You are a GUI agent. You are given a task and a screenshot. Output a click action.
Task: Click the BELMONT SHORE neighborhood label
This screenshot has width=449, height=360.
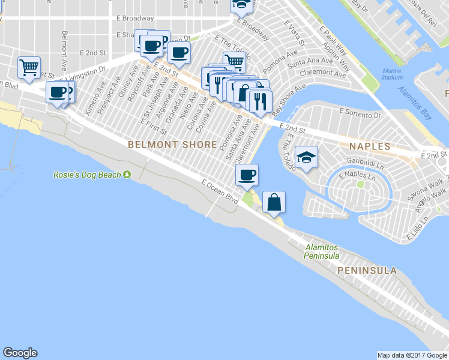[x=172, y=145]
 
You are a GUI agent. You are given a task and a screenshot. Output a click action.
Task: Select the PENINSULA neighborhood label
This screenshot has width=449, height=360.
[x=367, y=271]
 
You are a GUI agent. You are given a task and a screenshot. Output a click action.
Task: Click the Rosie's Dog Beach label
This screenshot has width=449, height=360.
[x=87, y=175]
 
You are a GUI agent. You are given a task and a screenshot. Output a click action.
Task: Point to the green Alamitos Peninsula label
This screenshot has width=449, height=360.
[x=322, y=251]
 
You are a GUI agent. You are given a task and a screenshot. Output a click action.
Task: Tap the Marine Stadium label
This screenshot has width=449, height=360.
[x=392, y=74]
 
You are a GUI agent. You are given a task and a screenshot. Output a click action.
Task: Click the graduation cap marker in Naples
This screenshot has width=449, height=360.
[x=307, y=158]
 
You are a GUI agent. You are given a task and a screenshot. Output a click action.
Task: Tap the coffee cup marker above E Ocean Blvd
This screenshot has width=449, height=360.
[x=246, y=175]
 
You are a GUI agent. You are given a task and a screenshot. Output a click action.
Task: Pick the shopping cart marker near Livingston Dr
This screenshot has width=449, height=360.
[x=29, y=68]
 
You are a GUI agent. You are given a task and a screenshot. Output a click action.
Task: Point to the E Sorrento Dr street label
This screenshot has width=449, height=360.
[x=360, y=113]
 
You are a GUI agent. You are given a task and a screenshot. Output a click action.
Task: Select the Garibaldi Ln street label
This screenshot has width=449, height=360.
[x=366, y=161]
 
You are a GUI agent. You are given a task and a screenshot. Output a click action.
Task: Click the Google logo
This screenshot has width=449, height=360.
[x=20, y=353]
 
